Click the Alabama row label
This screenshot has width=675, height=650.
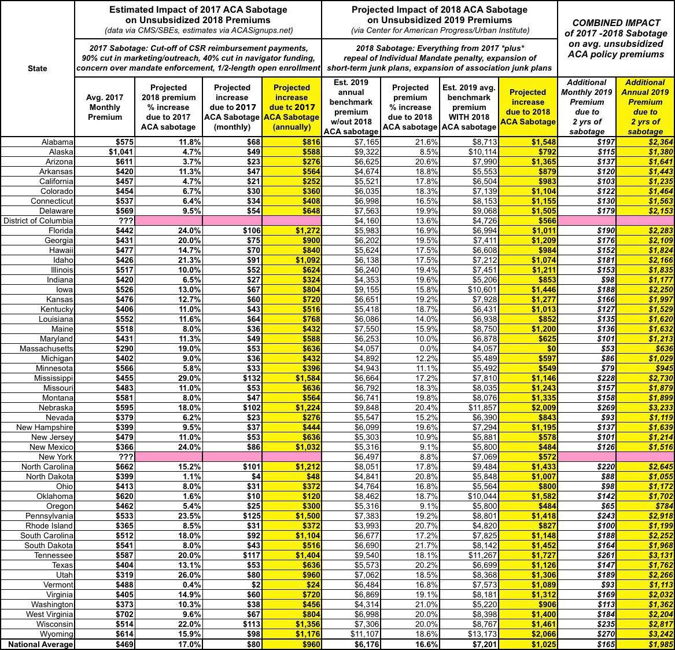click(x=57, y=142)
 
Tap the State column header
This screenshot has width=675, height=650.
click(x=38, y=68)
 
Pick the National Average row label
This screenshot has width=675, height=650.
click(x=40, y=644)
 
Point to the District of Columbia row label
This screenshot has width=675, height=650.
click(x=38, y=221)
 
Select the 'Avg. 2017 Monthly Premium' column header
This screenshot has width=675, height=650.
click(x=105, y=107)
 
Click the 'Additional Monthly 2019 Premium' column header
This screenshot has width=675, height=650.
click(x=587, y=107)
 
